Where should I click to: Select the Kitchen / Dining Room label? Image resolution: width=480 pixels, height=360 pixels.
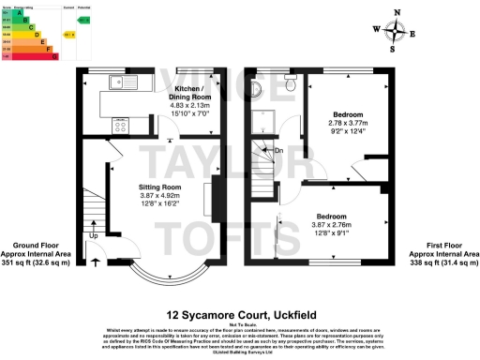189,93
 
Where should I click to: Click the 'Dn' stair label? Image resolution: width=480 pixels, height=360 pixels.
278,150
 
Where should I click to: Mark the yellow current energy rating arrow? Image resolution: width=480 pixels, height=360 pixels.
68,35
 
